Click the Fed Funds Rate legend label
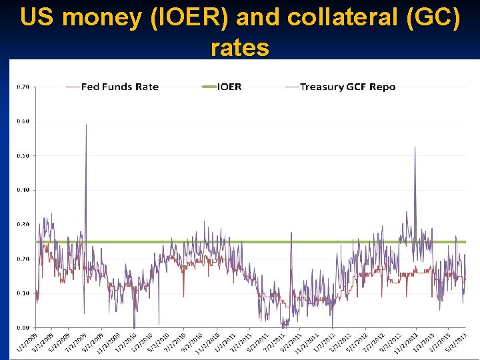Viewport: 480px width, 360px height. pos(120,87)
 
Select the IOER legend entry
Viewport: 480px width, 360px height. pos(229,87)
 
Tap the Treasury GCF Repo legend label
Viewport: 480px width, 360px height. pos(347,87)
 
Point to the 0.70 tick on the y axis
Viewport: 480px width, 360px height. pos(23,87)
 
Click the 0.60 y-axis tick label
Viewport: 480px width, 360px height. pos(23,121)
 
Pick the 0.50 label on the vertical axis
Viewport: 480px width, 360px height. pos(23,156)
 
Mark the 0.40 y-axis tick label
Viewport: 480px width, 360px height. pos(23,190)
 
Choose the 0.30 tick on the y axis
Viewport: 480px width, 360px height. pos(23,225)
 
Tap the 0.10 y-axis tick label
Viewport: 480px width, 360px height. pos(23,293)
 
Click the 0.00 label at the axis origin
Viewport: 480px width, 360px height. pos(23,327)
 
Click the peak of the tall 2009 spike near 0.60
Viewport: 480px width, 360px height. pos(86,125)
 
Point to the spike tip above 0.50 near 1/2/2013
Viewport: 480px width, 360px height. pos(415,147)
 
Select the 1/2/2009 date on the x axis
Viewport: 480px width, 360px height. pos(25,343)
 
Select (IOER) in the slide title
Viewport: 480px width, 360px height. pos(189,18)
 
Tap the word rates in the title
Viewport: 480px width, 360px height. pos(240,47)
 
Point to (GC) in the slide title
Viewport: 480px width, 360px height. pos(432,18)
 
